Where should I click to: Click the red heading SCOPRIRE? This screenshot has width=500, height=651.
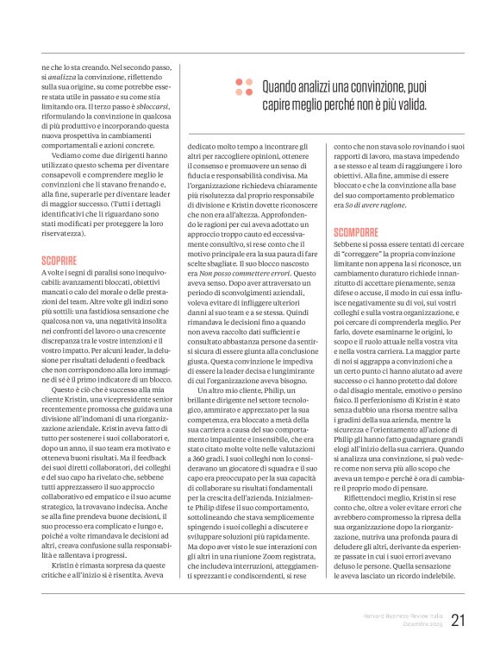[59, 259]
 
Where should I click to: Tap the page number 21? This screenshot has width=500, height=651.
[458, 621]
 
